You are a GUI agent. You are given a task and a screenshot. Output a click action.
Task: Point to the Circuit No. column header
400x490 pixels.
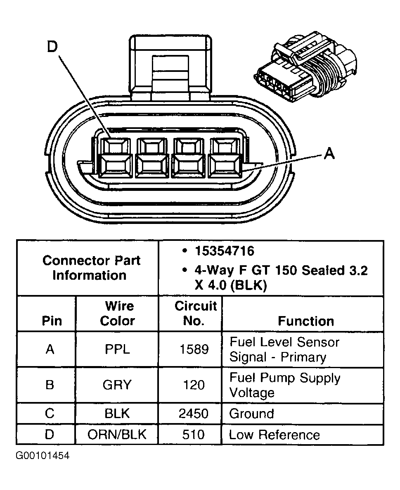195,313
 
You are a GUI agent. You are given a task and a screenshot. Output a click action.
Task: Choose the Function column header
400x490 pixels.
305,321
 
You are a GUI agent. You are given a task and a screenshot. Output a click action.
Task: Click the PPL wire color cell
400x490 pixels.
118,350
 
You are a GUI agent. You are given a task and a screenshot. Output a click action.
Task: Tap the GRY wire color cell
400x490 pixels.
117,385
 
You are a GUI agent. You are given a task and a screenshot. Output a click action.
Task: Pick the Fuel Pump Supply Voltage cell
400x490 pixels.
285,385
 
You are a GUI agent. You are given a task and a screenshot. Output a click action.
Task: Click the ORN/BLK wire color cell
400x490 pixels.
117,435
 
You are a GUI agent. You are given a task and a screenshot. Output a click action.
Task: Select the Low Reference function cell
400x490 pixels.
274,435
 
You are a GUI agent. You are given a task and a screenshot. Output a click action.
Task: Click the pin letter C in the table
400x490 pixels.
50,414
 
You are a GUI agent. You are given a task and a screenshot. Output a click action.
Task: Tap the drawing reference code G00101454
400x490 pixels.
43,456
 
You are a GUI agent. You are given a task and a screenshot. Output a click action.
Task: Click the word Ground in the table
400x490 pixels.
251,414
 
